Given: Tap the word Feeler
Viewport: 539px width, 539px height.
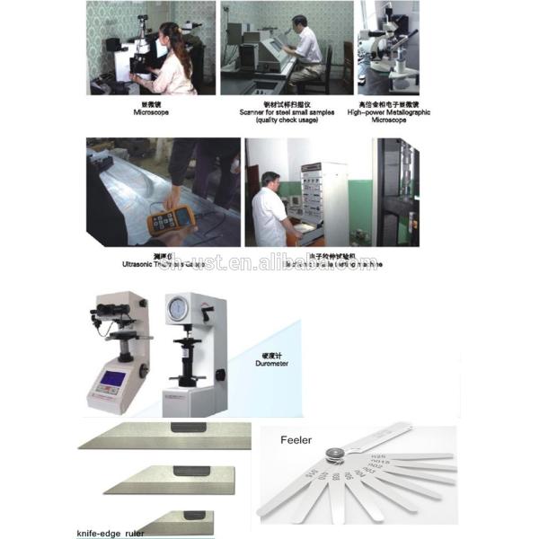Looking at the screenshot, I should pos(296,441).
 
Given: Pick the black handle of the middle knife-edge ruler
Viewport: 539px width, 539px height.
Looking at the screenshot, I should pos(190,470).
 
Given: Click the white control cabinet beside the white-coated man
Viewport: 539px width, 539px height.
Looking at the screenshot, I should pos(325,202).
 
